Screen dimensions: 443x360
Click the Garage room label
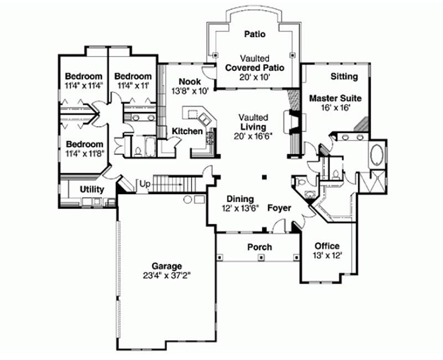[x=167, y=266]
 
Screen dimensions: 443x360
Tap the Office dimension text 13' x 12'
[x=327, y=255]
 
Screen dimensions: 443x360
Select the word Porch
[x=260, y=247]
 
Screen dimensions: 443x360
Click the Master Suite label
[x=336, y=99]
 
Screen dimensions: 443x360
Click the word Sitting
[x=344, y=76]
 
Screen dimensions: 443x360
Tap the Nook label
[x=190, y=81]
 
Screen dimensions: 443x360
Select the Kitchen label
[x=187, y=131]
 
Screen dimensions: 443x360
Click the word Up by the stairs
[x=145, y=184]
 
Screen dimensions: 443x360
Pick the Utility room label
[x=92, y=189]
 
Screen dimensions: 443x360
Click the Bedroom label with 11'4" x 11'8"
[x=85, y=144]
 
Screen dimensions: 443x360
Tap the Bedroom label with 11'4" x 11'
[x=133, y=76]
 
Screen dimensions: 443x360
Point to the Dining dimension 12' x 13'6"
[x=240, y=209]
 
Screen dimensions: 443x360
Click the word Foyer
[x=279, y=208]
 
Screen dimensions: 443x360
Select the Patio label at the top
[x=255, y=34]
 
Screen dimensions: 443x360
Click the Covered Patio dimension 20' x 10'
[x=255, y=77]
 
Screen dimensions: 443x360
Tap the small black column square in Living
[x=264, y=177]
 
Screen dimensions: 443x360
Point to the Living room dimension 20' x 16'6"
[x=253, y=136]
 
